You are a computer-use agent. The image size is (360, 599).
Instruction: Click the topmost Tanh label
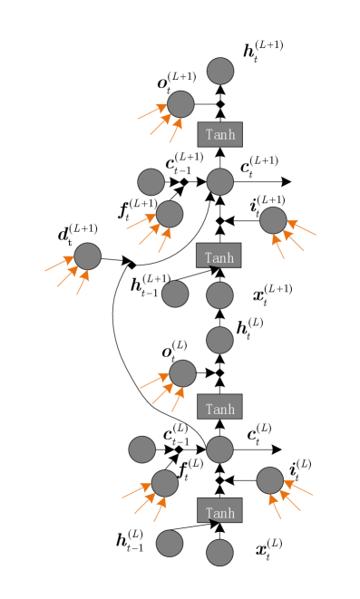coord(220,135)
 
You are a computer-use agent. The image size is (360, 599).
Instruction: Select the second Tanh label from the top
coord(219,258)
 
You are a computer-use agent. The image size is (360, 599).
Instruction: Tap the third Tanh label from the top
coord(220,410)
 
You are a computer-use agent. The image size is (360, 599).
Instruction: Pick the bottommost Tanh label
coord(220,514)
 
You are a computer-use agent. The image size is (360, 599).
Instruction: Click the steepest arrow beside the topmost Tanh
coord(175,130)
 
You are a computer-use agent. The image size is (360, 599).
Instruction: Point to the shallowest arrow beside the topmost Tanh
coord(152,111)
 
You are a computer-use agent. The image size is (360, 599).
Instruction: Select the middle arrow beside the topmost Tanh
coord(161,124)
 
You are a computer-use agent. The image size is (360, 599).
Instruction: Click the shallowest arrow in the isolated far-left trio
coord(60,264)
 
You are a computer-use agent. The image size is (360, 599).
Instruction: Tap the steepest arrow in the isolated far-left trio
coord(83,283)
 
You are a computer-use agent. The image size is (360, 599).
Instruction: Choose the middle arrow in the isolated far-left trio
coord(68,276)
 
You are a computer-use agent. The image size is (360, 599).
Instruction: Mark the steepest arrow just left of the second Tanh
coord(164,241)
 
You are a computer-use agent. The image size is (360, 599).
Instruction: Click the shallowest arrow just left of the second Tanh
coord(141,222)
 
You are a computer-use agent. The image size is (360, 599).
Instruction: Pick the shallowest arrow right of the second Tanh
coord(302,228)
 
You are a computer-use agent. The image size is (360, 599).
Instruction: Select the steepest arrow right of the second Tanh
coord(278,246)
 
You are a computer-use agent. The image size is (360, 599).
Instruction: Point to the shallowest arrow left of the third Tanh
coord(154,381)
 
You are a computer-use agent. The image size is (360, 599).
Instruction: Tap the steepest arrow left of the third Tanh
coord(178,400)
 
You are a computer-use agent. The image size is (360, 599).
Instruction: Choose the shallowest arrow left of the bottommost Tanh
coord(137,490)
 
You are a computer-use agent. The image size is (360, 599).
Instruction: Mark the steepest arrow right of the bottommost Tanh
coord(275,507)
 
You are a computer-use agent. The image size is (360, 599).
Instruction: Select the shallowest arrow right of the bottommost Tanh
coord(298,488)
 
